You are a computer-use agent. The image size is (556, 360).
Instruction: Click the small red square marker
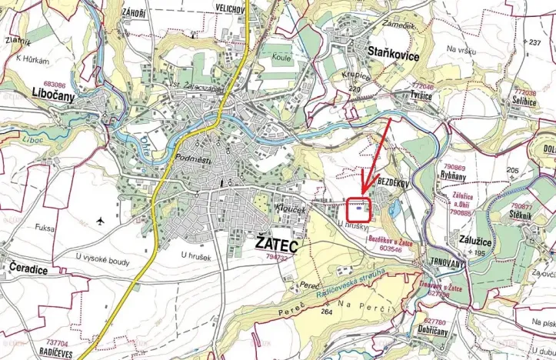(358, 208)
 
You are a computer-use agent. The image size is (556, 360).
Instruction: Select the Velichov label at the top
(230, 8)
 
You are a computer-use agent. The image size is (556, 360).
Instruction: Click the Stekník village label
(521, 216)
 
